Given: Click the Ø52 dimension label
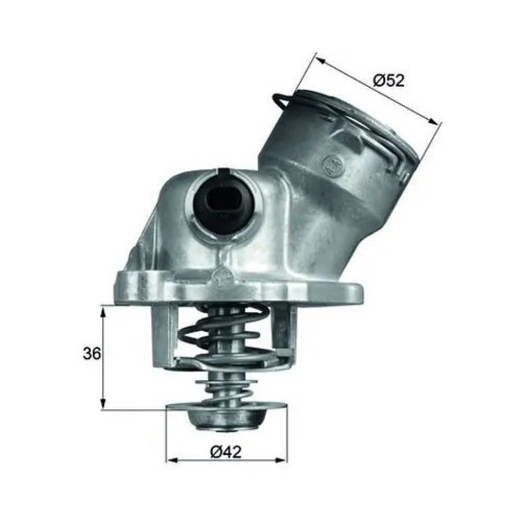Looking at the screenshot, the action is pyautogui.click(x=389, y=81).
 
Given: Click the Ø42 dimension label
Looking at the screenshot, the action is pyautogui.click(x=225, y=452).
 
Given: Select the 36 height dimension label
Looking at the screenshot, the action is pyautogui.click(x=91, y=354).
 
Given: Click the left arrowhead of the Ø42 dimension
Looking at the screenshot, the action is pyautogui.click(x=173, y=460).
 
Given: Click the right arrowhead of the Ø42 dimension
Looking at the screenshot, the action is pyautogui.click(x=281, y=460).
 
